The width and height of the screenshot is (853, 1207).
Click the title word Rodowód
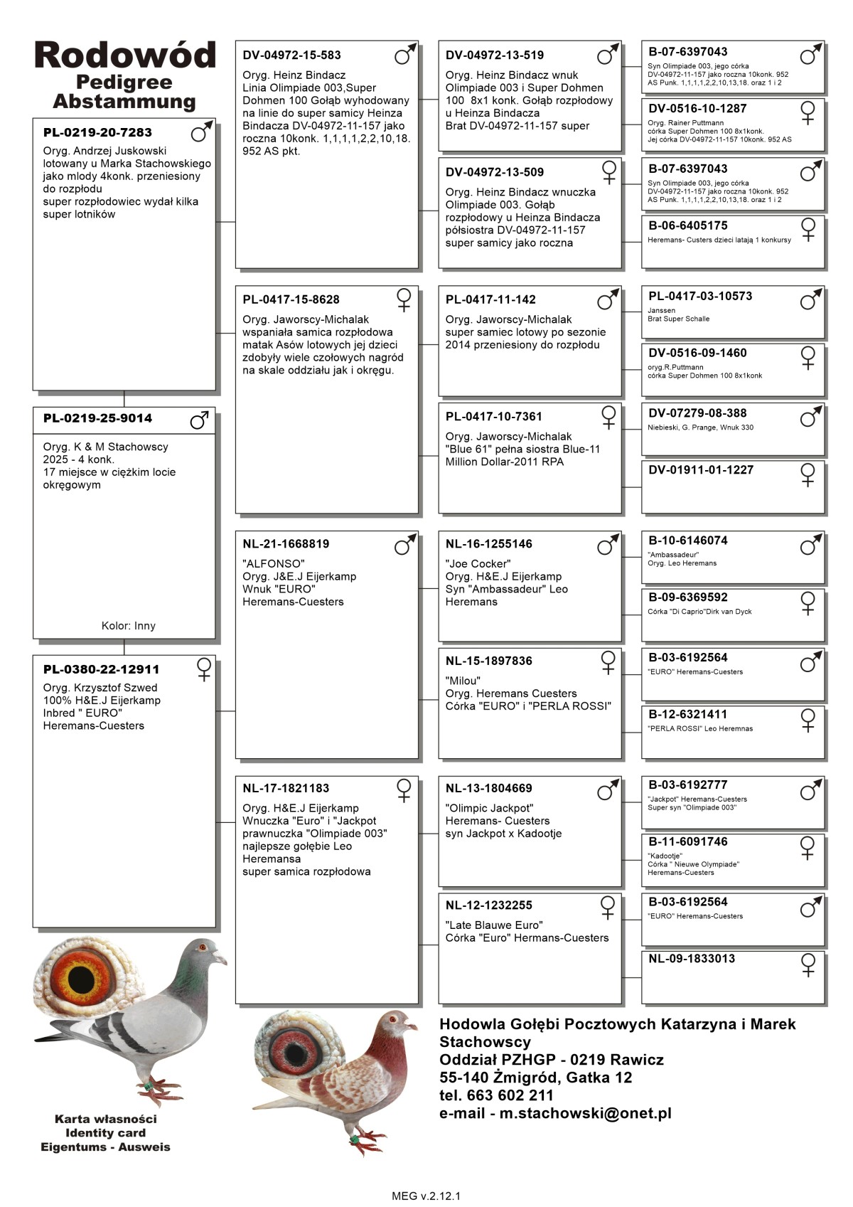(x=124, y=55)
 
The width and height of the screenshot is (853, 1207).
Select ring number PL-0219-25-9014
(x=97, y=418)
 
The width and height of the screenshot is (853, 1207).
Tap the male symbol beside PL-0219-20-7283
(x=201, y=132)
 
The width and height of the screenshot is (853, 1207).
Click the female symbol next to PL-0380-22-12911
(x=204, y=669)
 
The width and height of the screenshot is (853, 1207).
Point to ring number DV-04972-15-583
(x=291, y=55)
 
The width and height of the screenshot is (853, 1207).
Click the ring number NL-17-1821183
(x=286, y=788)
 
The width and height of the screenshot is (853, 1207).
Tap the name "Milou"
(x=463, y=681)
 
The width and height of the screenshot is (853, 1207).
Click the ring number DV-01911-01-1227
(x=700, y=470)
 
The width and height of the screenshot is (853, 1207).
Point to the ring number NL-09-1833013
(x=692, y=959)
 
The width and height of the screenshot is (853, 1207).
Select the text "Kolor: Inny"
(x=128, y=626)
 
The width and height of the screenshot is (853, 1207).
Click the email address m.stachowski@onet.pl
(x=585, y=1113)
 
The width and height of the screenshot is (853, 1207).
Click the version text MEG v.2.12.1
(x=426, y=1196)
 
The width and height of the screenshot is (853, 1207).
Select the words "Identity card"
(x=105, y=1133)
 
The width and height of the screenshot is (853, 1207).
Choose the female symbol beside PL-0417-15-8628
(x=404, y=299)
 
